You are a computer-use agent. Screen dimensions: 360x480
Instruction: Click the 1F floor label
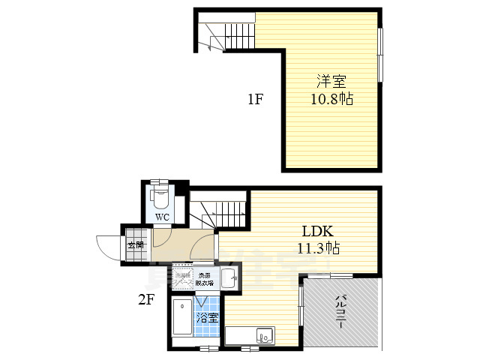(255, 98)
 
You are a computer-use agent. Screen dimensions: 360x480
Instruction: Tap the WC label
(161, 217)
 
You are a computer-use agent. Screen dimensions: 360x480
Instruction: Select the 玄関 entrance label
(136, 245)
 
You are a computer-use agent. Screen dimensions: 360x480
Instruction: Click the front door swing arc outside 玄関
(106, 247)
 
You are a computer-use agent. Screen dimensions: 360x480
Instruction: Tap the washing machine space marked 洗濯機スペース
(184, 279)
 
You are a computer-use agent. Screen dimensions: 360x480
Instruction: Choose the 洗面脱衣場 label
(205, 279)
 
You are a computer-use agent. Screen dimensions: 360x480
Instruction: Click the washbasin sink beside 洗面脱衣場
(228, 277)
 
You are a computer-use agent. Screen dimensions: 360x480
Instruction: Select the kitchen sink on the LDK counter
(265, 335)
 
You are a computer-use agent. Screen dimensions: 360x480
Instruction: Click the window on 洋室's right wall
(380, 55)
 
